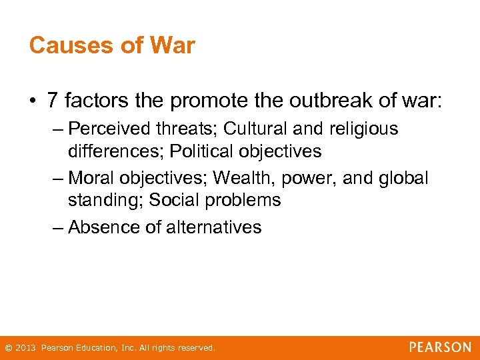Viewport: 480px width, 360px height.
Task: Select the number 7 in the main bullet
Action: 53,101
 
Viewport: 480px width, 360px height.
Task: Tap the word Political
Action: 203,151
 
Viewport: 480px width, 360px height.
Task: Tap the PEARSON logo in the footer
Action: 440,347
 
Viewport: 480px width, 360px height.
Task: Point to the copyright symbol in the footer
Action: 8,348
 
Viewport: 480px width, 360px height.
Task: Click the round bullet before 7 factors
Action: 33,101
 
